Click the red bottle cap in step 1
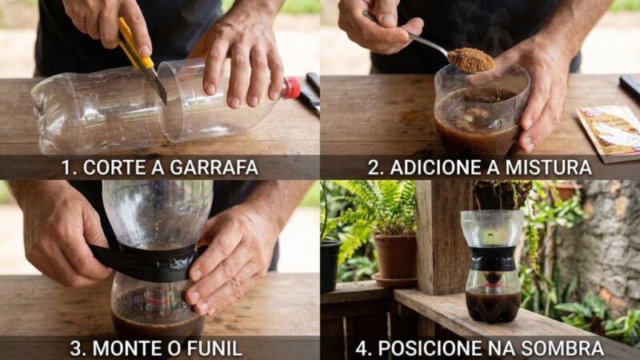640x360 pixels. pos(291,88)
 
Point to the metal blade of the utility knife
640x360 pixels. pos(157,84)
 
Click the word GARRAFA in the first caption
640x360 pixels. pos(214,167)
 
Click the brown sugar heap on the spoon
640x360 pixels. pos(470,61)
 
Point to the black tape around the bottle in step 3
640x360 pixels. pos(147,262)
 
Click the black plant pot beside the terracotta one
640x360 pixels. pos(330,266)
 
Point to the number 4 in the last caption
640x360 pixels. pos(362,349)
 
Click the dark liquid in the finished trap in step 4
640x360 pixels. pos(493,303)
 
